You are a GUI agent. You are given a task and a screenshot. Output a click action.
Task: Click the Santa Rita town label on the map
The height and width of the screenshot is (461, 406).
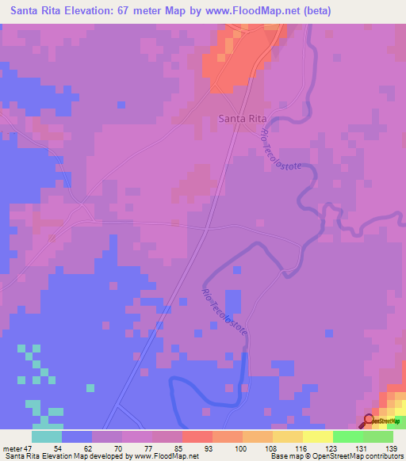pyautogui.click(x=242, y=118)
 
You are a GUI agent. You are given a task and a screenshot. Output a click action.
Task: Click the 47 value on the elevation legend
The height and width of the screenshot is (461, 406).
pyautogui.click(x=31, y=448)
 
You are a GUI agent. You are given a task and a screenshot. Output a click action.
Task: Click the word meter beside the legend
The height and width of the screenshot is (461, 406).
pyautogui.click(x=13, y=448)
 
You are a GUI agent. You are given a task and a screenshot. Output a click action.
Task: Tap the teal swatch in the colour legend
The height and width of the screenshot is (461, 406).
pyautogui.click(x=47, y=436)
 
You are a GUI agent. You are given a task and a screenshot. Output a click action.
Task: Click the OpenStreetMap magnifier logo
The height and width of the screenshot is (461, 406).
pyautogui.click(x=370, y=421)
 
